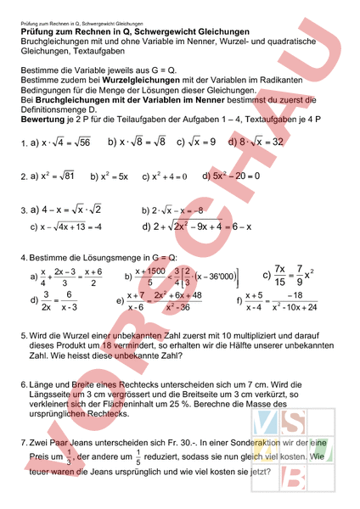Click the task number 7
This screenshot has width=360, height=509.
23,443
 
